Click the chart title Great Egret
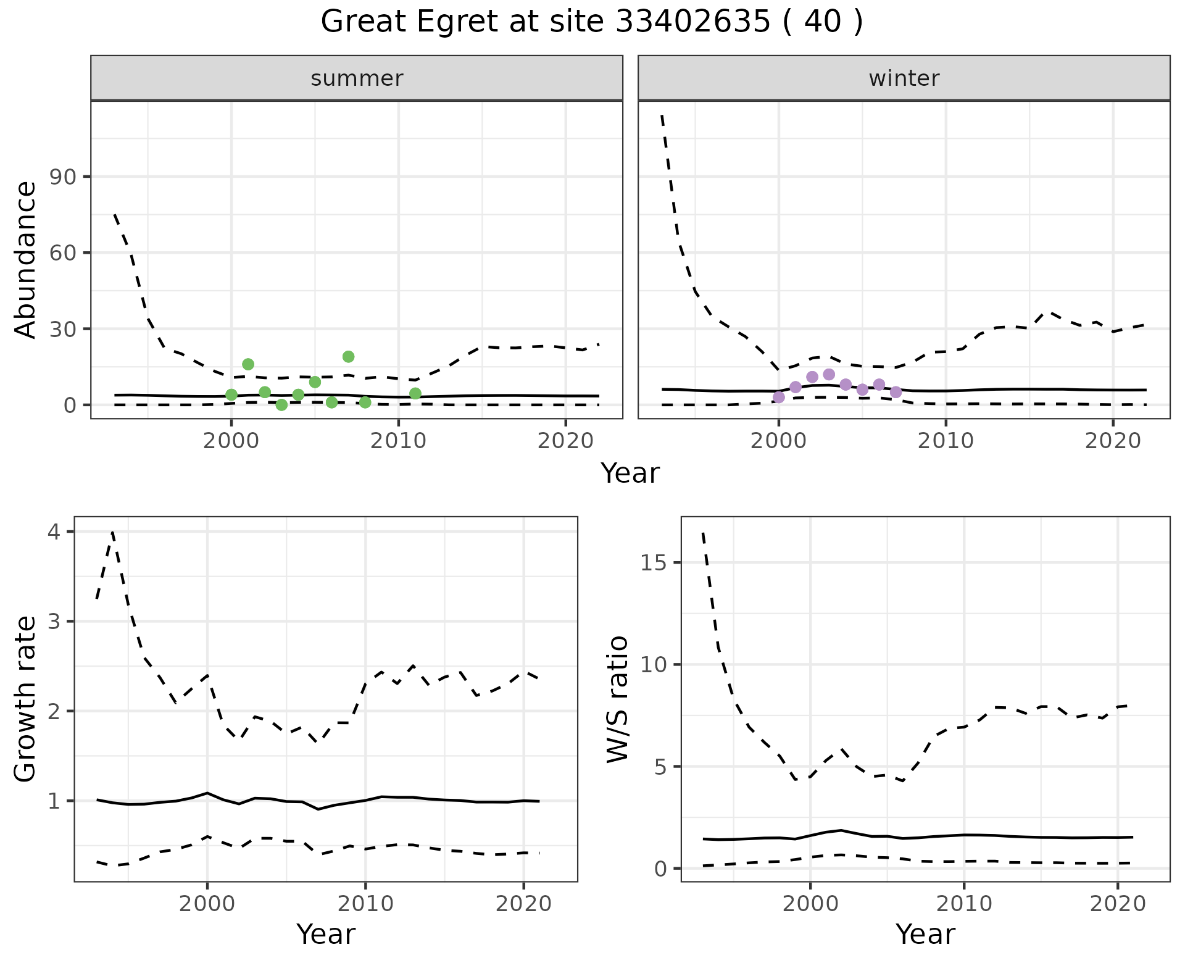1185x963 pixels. tap(591, 22)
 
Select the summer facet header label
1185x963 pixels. tap(357, 78)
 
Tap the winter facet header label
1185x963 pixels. tap(904, 78)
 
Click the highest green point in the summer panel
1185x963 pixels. tap(348, 356)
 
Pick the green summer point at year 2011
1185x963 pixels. tap(415, 393)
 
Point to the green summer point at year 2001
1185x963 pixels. tap(248, 364)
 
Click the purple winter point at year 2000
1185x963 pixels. tap(779, 397)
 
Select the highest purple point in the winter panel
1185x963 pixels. tap(829, 374)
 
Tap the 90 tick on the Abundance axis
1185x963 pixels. tap(61, 177)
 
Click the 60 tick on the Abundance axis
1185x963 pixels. tap(61, 253)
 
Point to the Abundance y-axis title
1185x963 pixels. tap(26, 259)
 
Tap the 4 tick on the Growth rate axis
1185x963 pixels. tap(54, 532)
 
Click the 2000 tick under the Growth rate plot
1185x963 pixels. tap(207, 904)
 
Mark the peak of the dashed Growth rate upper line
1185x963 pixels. tap(112, 532)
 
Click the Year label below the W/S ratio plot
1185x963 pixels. tap(925, 935)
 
